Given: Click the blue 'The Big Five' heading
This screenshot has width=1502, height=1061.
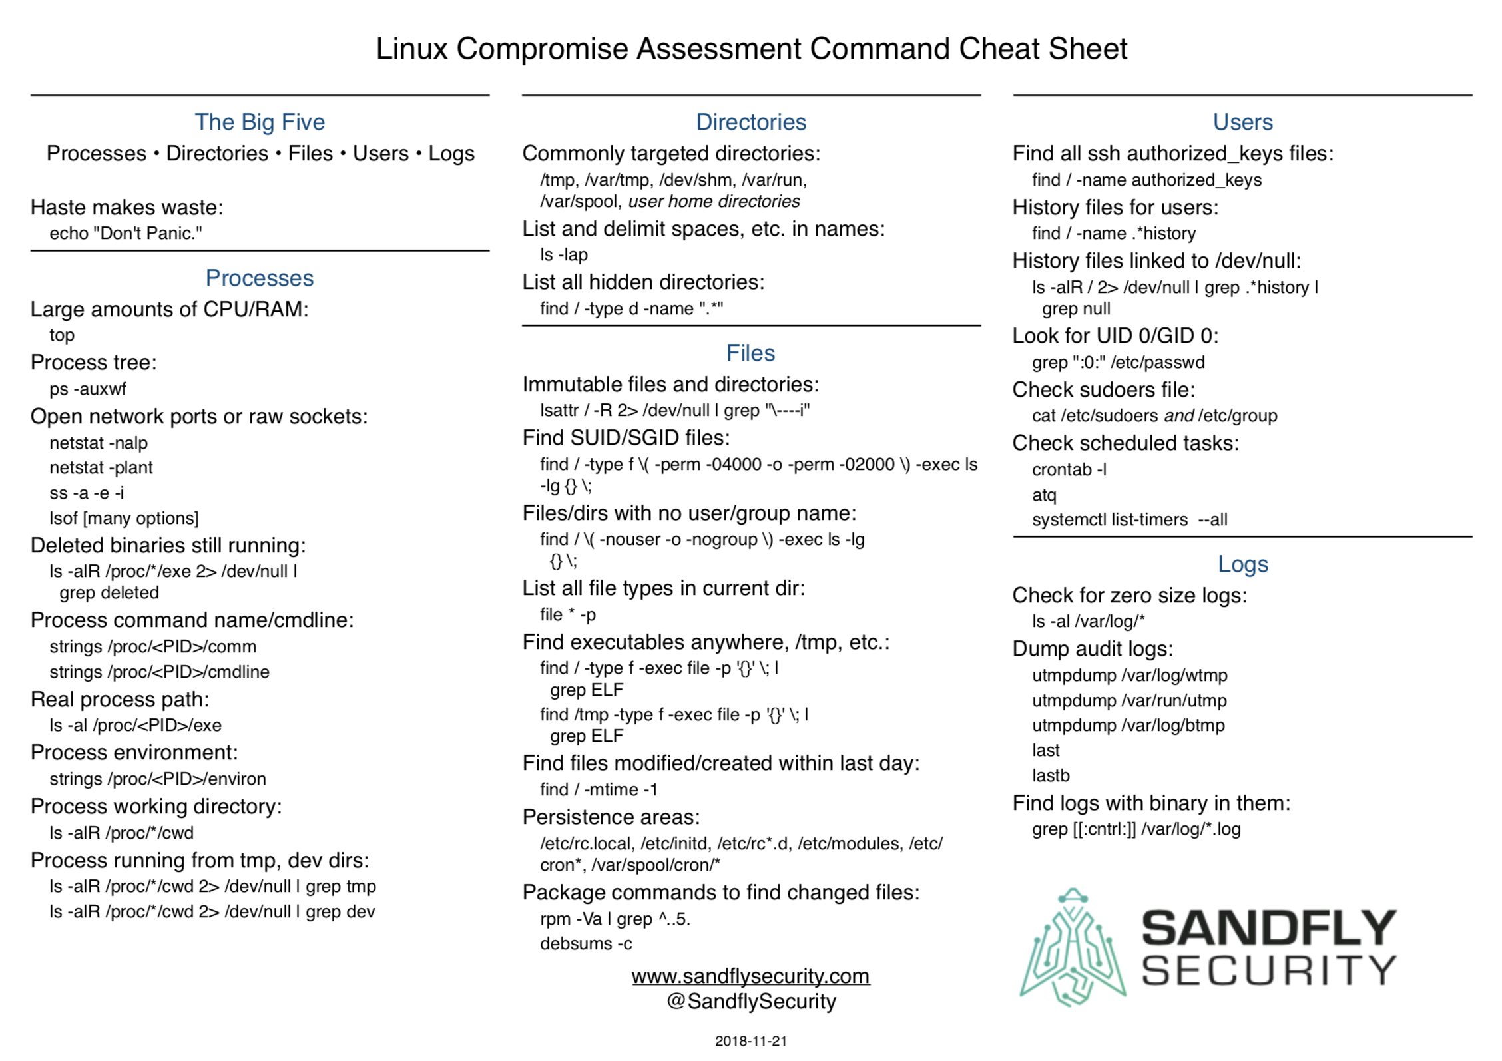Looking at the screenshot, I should click(x=260, y=122).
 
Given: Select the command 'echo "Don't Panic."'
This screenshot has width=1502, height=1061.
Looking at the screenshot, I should click(x=126, y=234).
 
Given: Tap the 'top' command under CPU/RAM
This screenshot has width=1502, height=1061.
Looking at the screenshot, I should click(x=62, y=335).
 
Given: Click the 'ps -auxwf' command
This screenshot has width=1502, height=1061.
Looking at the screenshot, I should click(x=88, y=389).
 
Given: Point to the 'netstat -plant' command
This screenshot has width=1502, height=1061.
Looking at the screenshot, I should click(x=101, y=468).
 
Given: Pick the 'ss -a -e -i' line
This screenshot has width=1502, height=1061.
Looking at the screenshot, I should click(x=87, y=493).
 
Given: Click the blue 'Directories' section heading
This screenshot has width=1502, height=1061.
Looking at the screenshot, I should click(x=751, y=122).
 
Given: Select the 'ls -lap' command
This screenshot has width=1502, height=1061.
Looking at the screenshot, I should click(x=564, y=255).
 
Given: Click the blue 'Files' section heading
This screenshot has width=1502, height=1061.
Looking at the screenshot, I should click(x=750, y=353).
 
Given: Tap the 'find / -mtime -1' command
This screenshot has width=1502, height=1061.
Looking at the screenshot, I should click(x=599, y=790).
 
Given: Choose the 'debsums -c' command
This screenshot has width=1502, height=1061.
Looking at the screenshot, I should click(x=586, y=944).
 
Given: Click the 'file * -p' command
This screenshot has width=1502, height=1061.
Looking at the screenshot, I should click(x=568, y=615).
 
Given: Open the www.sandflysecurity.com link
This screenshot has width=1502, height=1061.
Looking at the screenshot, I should click(x=750, y=976).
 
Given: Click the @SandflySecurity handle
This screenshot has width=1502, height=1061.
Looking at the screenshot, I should click(x=751, y=1002).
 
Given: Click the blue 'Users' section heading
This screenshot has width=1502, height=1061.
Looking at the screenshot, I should click(x=1242, y=122).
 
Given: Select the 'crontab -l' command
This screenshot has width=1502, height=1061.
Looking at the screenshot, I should click(x=1069, y=470).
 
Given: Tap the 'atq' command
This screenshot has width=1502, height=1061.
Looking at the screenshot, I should click(x=1044, y=495).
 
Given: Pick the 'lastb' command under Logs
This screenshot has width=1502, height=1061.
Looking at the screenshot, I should click(x=1051, y=776).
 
